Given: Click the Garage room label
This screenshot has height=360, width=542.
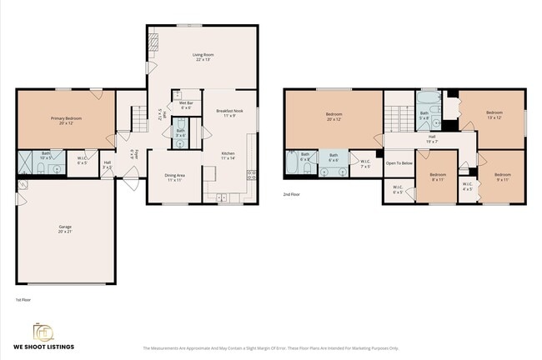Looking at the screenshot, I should click(65, 228).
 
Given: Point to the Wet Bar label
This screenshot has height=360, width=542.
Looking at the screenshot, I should click(185, 105).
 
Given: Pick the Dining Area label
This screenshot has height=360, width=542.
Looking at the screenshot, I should click(174, 177).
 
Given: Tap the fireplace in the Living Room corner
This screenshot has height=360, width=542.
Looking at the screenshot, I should click(153, 42).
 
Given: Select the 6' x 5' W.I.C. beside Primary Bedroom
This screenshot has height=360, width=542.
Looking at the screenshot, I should click(83, 161).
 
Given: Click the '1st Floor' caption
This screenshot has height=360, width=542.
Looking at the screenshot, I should click(23, 298).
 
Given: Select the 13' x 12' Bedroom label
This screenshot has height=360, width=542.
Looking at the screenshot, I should click(494, 114).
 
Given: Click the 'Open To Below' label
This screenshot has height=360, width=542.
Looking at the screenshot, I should click(399, 162).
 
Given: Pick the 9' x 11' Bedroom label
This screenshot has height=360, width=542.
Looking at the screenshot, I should click(502, 177).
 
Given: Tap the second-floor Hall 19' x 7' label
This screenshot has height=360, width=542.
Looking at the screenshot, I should click(432, 139).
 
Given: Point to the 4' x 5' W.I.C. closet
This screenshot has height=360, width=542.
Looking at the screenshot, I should click(467, 186).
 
